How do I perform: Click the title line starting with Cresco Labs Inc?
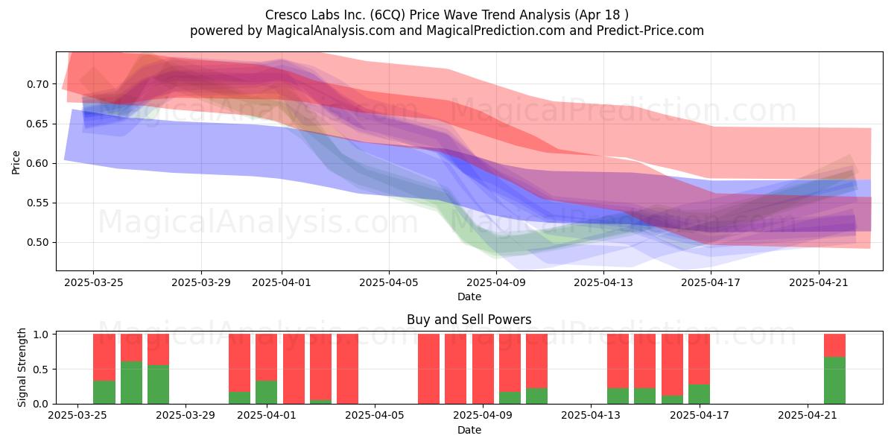pos(446,15)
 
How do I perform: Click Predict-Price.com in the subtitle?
pos(650,31)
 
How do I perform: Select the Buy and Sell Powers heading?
pos(469,320)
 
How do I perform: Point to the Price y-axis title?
pos(16,162)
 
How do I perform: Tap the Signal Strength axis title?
pos(22,367)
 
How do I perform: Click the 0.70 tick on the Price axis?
pos(37,84)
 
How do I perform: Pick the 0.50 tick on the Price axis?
pos(37,242)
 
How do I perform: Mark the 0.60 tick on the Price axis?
pos(37,163)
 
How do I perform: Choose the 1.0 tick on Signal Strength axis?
pos(40,335)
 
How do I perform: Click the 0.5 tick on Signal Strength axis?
pos(40,370)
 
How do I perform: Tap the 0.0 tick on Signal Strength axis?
pos(40,404)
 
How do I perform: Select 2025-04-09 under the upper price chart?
pos(496,282)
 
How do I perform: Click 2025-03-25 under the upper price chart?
pos(93,282)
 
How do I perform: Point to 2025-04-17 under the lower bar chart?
pos(700,416)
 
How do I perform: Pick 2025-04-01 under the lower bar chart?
pos(267,416)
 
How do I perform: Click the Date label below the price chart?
pos(469,297)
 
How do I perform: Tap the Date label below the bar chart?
pos(469,430)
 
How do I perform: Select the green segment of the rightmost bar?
pos(834,381)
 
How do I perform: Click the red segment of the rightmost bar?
pos(834,346)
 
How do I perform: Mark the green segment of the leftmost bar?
pos(104,393)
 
